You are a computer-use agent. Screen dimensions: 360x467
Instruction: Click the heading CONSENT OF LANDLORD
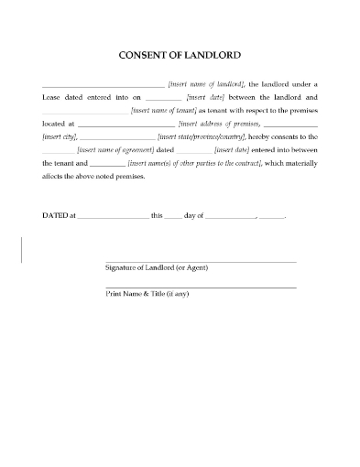coord(180,53)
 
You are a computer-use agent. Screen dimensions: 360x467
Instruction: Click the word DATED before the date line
coord(54,215)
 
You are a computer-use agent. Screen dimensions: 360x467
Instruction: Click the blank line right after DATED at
coord(109,217)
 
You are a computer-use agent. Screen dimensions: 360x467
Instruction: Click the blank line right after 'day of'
coord(230,217)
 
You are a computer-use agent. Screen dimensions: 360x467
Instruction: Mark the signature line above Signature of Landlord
coord(201,262)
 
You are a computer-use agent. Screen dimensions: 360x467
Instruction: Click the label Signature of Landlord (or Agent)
coord(158,267)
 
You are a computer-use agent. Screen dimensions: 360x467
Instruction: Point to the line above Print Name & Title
coord(201,288)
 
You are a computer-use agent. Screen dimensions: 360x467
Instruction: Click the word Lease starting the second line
coord(53,96)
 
